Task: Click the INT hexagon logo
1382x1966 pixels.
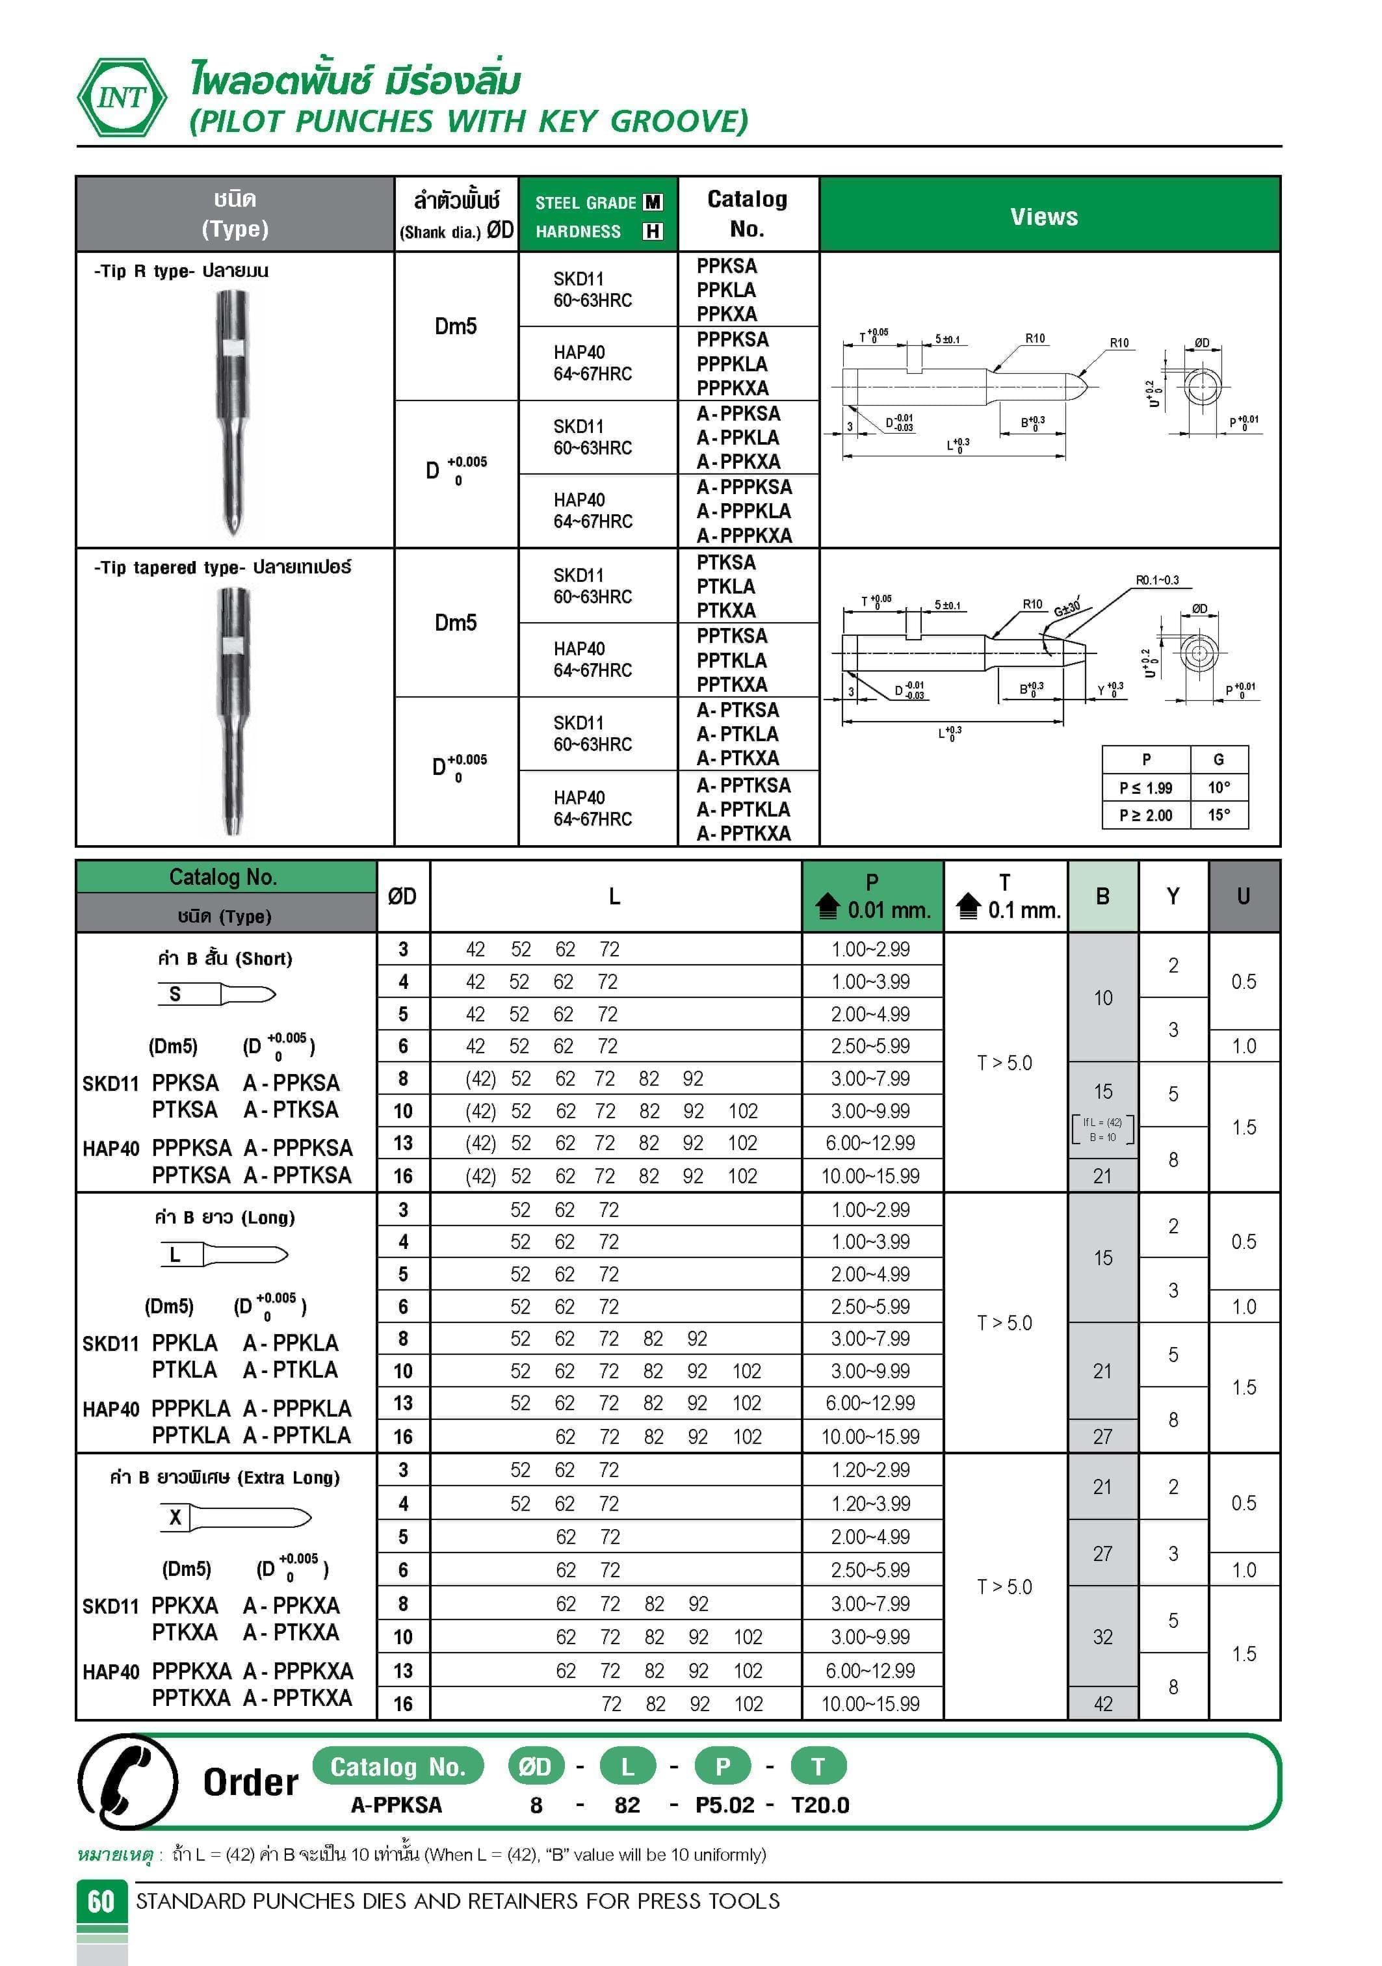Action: click(122, 98)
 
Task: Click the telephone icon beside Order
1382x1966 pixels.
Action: click(129, 1781)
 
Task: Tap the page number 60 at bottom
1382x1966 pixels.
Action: click(101, 1901)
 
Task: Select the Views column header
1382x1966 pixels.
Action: click(1044, 216)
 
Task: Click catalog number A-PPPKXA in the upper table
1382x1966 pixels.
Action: click(744, 535)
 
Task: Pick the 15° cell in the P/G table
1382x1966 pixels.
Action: click(1218, 815)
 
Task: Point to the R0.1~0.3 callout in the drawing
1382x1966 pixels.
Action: click(1157, 581)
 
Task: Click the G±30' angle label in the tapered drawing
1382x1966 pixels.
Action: click(1066, 609)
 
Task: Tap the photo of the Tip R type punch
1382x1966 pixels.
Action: click(232, 411)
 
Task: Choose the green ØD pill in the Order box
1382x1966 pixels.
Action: click(535, 1766)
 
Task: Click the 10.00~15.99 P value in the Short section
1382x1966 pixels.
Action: click(870, 1175)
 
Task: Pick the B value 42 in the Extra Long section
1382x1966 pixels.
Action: click(1103, 1704)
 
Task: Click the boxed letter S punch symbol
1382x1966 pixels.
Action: click(175, 994)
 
